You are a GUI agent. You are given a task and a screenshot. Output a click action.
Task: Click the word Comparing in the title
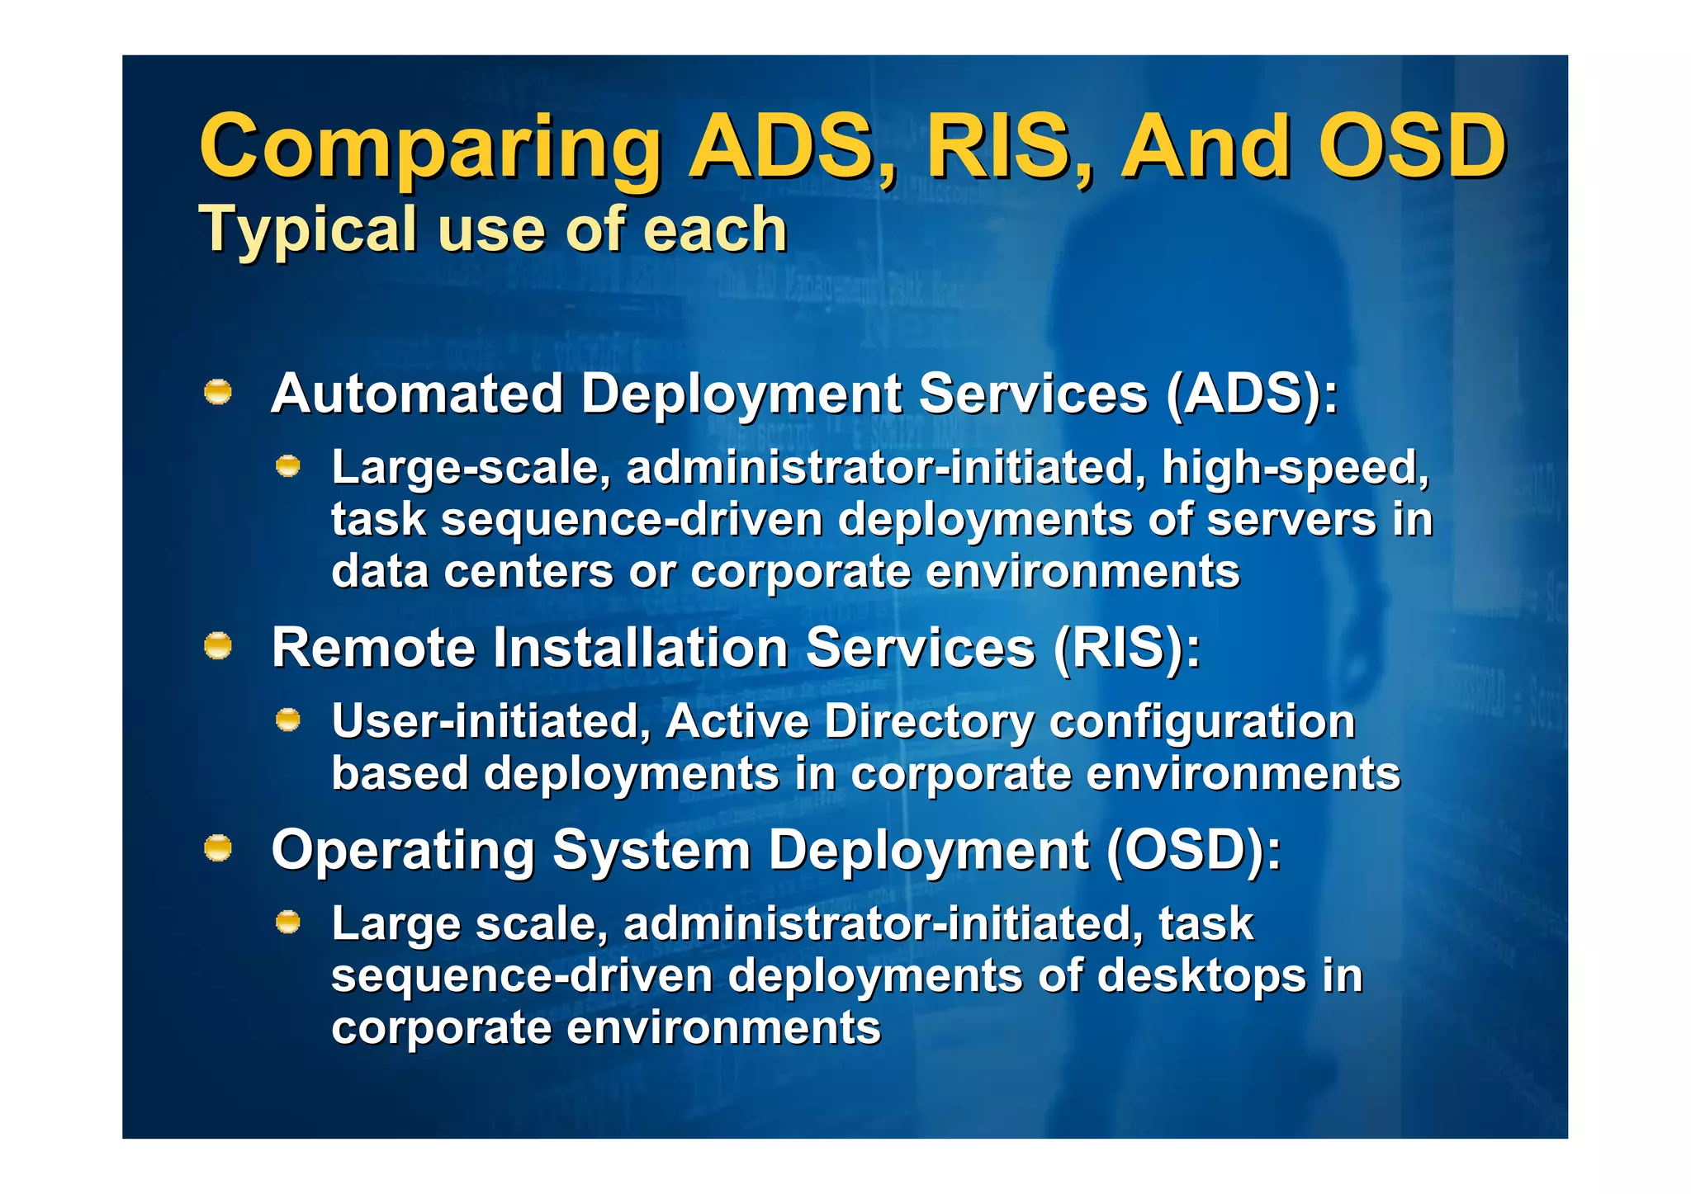click(x=429, y=149)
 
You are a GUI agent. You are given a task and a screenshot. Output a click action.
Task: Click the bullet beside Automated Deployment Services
click(x=218, y=392)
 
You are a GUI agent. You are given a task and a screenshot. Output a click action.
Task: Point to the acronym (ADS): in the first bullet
click(x=1252, y=394)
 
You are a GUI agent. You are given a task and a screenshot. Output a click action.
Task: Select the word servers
click(x=1291, y=520)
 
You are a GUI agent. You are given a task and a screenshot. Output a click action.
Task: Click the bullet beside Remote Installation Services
click(x=218, y=646)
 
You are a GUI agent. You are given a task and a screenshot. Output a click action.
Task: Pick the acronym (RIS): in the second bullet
click(x=1126, y=648)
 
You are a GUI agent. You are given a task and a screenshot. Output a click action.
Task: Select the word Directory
click(x=929, y=723)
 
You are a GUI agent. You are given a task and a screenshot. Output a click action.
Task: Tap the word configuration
click(x=1202, y=723)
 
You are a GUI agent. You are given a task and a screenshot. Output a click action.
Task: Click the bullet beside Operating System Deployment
click(x=218, y=848)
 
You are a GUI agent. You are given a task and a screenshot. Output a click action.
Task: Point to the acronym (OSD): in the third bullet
click(x=1192, y=850)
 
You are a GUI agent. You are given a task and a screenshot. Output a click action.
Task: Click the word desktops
click(x=1202, y=976)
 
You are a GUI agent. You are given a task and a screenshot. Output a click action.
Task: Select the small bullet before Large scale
click(x=287, y=923)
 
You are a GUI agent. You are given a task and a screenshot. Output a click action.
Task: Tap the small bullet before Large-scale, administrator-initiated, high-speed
click(x=287, y=467)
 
